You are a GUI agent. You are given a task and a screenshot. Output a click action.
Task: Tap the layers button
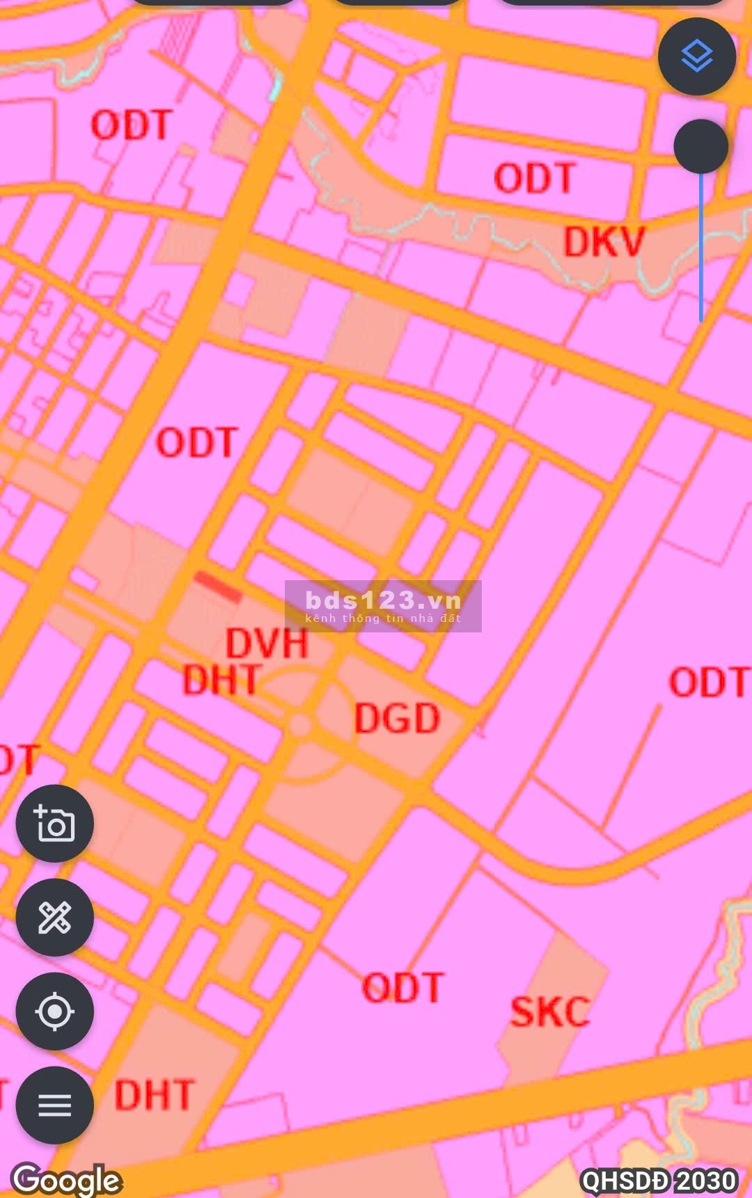coord(696,56)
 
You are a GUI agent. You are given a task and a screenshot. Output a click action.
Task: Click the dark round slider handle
coord(700,147)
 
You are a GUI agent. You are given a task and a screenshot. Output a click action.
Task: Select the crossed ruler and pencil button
coord(54,918)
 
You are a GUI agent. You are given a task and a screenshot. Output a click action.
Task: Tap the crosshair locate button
coord(54,1011)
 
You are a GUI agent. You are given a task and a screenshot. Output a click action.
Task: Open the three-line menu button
coord(54,1105)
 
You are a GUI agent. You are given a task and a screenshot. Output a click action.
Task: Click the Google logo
coord(67,1179)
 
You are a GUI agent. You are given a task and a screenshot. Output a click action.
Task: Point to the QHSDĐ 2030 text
coord(659,1180)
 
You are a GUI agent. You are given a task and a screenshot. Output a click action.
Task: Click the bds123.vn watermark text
coord(383,600)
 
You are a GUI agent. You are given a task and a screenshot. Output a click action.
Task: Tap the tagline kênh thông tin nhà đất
coord(383,618)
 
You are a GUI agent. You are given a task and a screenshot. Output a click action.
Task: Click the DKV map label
coord(604,242)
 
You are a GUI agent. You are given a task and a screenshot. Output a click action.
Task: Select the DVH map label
coord(267,644)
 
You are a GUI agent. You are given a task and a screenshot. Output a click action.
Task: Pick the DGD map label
coord(397,719)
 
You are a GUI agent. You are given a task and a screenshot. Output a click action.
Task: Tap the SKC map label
coord(550,1012)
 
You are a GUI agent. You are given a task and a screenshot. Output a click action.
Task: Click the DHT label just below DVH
coord(222,680)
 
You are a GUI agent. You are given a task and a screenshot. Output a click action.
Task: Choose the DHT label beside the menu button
coord(155,1096)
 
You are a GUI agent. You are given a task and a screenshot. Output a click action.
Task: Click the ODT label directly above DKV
coord(534,178)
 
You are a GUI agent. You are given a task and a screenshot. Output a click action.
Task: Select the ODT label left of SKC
coord(402,988)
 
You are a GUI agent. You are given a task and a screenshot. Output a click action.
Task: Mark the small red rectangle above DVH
coord(218,586)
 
